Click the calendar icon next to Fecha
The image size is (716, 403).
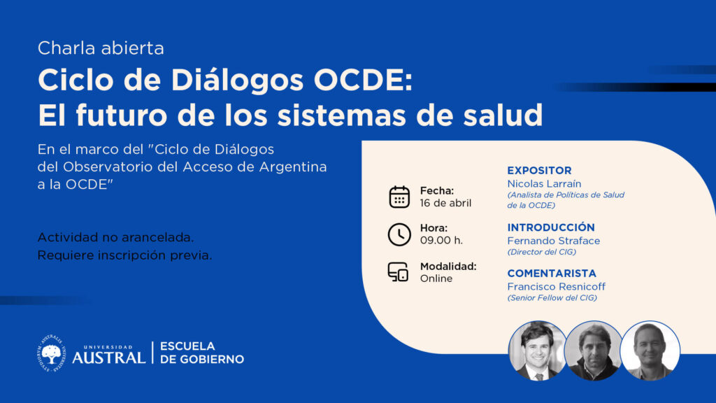coord(399,197)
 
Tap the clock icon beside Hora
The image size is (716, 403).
coord(399,234)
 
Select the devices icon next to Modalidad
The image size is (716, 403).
coord(398,272)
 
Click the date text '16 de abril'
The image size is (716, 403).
coord(445,204)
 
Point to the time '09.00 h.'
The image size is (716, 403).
coord(441,241)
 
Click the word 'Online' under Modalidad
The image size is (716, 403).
coord(436,278)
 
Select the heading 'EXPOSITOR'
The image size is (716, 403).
coord(539,171)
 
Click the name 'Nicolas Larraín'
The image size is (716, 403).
coord(544,184)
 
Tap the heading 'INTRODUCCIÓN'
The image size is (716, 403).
coord(551,227)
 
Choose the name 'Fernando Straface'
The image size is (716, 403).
coord(554,241)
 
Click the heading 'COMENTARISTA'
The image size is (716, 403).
coord(552,274)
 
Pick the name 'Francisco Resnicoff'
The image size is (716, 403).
coord(556,286)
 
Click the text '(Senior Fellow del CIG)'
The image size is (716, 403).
coord(552,298)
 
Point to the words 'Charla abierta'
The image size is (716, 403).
coord(101,48)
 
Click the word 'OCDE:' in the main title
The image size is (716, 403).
coord(363,80)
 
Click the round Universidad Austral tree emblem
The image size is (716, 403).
coord(52,353)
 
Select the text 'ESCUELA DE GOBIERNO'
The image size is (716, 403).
coord(202,353)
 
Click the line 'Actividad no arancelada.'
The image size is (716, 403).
coord(115,238)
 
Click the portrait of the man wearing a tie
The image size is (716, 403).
coord(538,351)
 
